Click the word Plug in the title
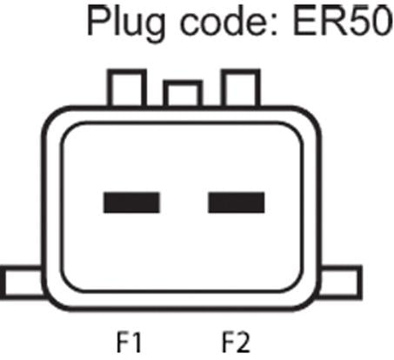pyautogui.click(x=126, y=23)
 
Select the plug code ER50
pyautogui.click(x=343, y=22)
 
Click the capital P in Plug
pyautogui.click(x=97, y=21)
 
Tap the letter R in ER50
pyautogui.click(x=329, y=22)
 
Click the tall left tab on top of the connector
pyautogui.click(x=127, y=88)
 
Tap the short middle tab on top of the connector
pyautogui.click(x=183, y=93)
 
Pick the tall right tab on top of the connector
pyautogui.click(x=240, y=88)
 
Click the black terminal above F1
pyautogui.click(x=131, y=203)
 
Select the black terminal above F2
pyautogui.click(x=237, y=203)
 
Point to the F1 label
pyautogui.click(x=129, y=343)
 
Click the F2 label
pyautogui.click(x=236, y=343)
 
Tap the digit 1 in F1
pyautogui.click(x=136, y=343)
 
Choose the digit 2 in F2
pyautogui.click(x=242, y=343)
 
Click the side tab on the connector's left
pyautogui.click(x=22, y=283)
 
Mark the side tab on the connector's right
pyautogui.click(x=340, y=283)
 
